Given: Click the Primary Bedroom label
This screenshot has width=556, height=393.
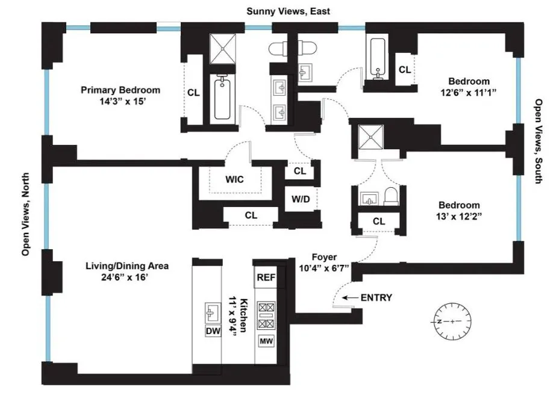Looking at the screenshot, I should point(120,90).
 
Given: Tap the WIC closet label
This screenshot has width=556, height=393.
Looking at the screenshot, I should point(235,179).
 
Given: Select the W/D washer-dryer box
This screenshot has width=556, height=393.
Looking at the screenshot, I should point(299,199).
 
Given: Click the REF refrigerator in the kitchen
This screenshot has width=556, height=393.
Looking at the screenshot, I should point(266,277).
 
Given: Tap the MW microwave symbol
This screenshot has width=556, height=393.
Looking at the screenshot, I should point(266,341).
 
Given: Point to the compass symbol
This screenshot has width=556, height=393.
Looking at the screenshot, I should point(452,321).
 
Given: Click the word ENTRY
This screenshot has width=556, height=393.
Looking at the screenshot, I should point(376,297).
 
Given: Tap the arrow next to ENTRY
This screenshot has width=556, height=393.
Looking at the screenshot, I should point(349,297).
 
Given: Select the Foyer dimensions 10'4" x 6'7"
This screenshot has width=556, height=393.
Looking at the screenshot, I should point(323,267).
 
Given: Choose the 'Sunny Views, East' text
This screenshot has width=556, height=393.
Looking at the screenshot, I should point(288,11).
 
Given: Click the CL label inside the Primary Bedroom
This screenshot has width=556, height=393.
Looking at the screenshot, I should point(193,93).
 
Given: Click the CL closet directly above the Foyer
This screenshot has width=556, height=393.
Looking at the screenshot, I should point(378,221).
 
